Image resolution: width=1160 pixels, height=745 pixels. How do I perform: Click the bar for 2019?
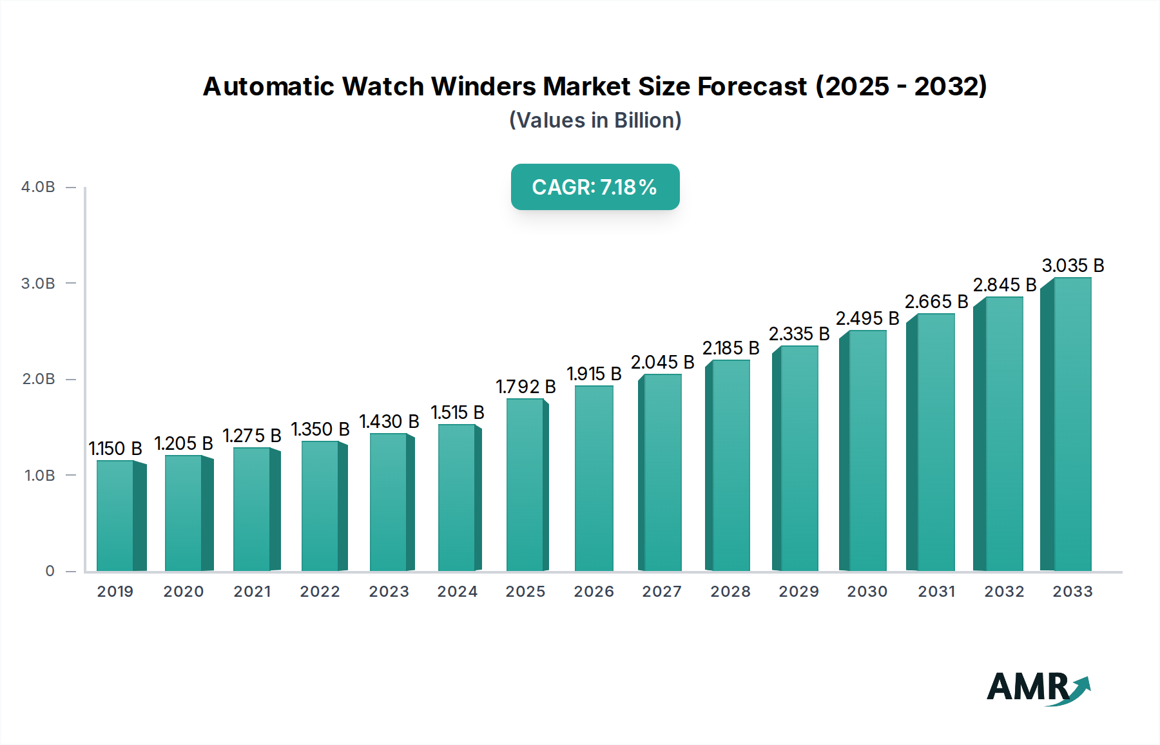coord(116,516)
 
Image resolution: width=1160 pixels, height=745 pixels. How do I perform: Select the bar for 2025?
coord(526,485)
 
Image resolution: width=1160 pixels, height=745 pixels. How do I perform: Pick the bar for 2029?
coord(798,458)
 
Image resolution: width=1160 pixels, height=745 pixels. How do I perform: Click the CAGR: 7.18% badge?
coord(595,187)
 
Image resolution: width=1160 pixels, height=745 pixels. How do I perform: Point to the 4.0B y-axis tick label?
coord(38,187)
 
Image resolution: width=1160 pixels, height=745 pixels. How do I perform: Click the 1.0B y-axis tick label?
coord(39,476)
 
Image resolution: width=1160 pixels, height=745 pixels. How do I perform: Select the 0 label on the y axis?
coord(50,571)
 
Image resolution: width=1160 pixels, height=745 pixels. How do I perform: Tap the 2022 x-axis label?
coord(320,592)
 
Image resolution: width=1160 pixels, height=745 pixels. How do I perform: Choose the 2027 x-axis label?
coord(662,592)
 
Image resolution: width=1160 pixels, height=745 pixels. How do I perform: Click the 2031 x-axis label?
coord(936,592)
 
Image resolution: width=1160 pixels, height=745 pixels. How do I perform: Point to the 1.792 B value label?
coord(525,387)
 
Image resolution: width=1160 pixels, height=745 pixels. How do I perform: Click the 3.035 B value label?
coord(1073,266)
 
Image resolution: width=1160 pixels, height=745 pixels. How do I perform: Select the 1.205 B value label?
coord(184,443)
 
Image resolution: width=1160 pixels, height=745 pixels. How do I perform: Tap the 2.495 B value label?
coord(867,318)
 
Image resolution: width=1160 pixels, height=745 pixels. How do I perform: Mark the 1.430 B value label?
coord(389,421)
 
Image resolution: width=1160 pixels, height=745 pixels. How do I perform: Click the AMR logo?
coord(1038,688)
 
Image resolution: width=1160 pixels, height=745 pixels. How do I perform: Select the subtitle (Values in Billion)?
coord(595,121)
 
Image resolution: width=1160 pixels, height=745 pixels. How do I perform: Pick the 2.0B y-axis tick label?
coord(39,379)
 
